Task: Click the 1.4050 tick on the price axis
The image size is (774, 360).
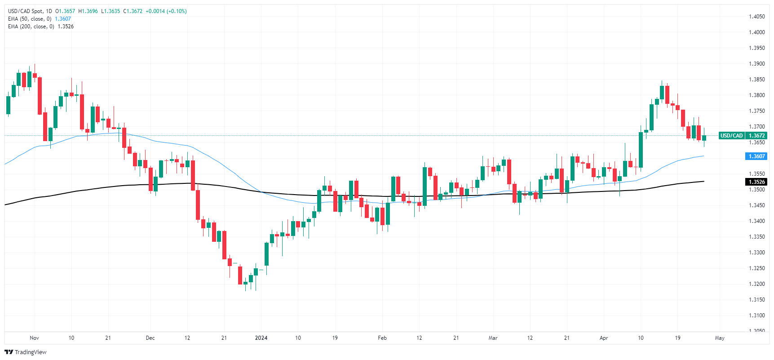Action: [756, 17]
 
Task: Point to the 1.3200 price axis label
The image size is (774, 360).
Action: [756, 284]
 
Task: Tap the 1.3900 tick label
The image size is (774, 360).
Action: [756, 64]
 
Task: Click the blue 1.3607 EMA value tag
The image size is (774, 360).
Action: [756, 156]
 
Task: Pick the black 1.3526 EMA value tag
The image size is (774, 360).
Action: [756, 182]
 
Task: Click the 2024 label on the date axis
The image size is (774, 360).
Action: [261, 338]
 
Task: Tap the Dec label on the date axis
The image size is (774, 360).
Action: [150, 338]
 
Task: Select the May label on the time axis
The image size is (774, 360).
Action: [720, 338]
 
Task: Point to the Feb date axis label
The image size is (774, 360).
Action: [382, 338]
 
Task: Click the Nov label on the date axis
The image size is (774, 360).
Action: [35, 338]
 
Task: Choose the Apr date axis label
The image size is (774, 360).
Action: [604, 338]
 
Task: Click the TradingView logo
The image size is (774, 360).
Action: [26, 352]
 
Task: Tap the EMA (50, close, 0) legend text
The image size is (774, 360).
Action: [30, 19]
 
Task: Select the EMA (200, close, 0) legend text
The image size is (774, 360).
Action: [31, 27]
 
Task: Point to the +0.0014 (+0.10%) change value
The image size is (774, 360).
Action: [166, 11]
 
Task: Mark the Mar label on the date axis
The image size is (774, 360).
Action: [493, 338]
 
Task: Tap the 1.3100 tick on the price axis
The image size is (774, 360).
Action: [756, 316]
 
